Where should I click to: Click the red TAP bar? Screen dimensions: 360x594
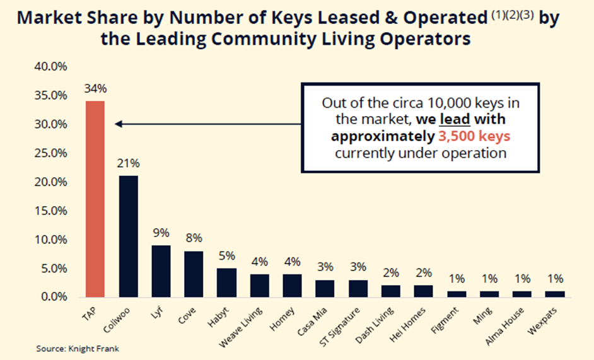pos(95,199)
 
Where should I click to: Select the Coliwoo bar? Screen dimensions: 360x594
pos(128,236)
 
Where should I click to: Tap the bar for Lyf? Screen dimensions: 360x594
pos(161,271)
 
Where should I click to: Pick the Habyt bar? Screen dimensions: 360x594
pos(226,282)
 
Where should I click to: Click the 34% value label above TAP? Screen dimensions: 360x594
pos(95,89)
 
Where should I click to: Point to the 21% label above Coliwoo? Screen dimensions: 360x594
pos(128,163)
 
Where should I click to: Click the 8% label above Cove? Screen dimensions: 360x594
pos(194,238)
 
